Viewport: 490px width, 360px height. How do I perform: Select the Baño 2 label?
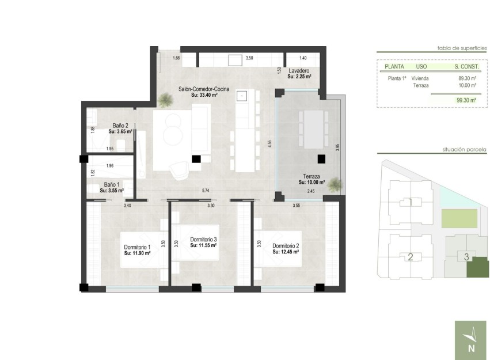[120, 125]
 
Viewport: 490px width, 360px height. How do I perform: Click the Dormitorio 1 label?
[137, 248]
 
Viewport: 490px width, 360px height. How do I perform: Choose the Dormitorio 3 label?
[203, 240]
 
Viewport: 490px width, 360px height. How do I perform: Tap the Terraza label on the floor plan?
[312, 177]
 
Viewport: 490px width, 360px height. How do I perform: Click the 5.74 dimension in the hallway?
[204, 191]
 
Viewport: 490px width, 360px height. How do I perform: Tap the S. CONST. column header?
[464, 67]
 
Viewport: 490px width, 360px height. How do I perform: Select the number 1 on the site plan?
[410, 202]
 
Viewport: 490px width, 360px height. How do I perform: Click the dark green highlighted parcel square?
[476, 269]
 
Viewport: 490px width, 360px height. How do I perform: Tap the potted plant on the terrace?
[336, 184]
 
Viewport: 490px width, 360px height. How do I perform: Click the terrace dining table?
[312, 128]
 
